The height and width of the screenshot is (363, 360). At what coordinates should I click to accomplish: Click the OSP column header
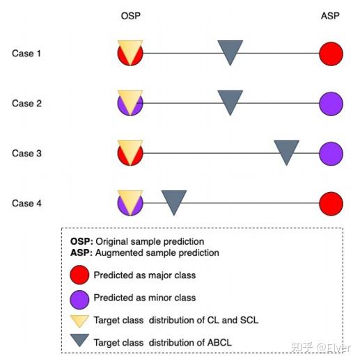(130, 15)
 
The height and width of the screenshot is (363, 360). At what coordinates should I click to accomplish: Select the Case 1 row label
(27, 54)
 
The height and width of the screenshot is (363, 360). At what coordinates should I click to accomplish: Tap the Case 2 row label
(27, 104)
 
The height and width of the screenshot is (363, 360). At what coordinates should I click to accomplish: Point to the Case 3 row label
(27, 153)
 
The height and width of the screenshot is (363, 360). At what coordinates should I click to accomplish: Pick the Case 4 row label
(27, 203)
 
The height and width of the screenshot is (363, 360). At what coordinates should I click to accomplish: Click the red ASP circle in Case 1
(331, 54)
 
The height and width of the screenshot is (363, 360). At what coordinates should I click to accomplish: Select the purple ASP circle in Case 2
(331, 104)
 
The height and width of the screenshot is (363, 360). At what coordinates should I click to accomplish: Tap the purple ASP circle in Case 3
(331, 153)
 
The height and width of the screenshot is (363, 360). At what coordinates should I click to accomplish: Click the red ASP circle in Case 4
(331, 203)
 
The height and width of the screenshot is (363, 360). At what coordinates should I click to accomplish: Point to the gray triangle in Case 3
(286, 151)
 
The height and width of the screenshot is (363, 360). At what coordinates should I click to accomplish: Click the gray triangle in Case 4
(174, 201)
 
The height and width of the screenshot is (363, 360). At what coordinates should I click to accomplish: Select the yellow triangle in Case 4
(130, 198)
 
